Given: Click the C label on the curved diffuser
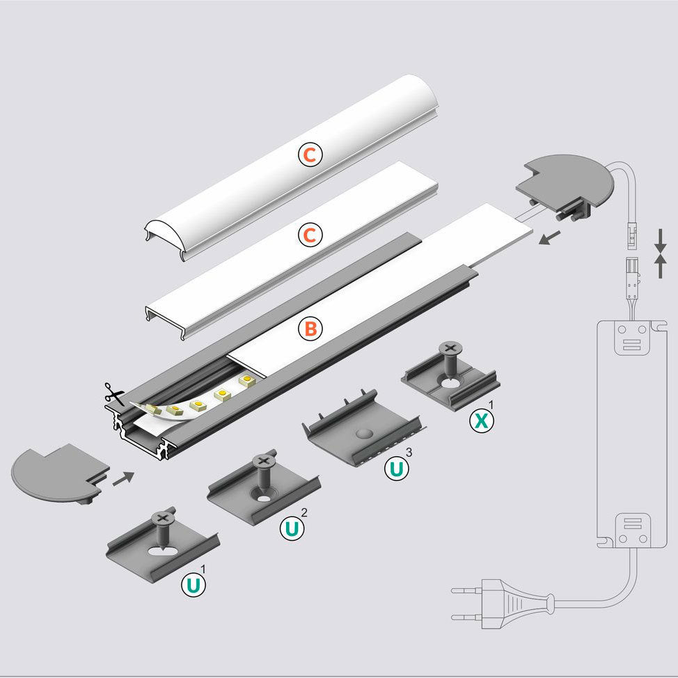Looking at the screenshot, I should pyautogui.click(x=310, y=155).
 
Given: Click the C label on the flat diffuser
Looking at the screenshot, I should pyautogui.click(x=310, y=235).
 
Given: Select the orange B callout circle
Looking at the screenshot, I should pyautogui.click(x=310, y=328).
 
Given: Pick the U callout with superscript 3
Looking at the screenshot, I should pyautogui.click(x=395, y=468).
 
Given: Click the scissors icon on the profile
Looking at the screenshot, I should pyautogui.click(x=113, y=393).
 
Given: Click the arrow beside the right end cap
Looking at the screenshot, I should pyautogui.click(x=549, y=239).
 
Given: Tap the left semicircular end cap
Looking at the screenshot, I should pyautogui.click(x=52, y=473).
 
